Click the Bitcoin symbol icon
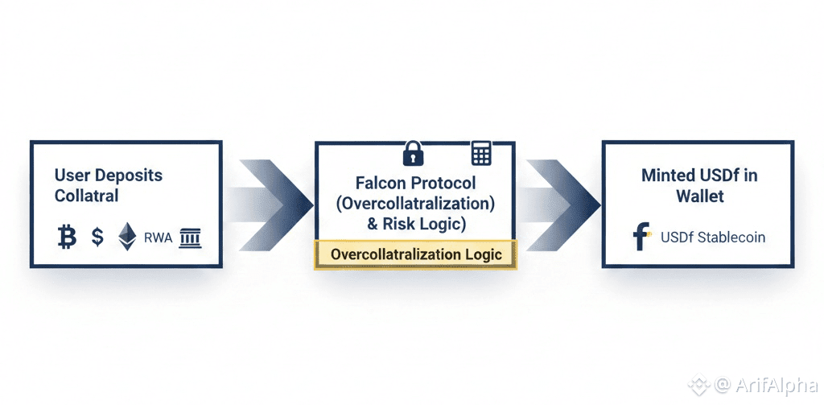[67, 237]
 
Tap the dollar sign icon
[97, 237]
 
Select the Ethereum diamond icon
[127, 237]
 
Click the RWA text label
[159, 238]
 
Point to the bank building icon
[191, 237]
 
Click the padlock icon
[413, 151]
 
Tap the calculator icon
[481, 152]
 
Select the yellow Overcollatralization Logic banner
[415, 254]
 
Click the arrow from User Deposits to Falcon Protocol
[270, 199]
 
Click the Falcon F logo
[641, 238]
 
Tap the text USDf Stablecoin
[712, 238]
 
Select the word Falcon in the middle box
[382, 183]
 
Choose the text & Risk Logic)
[415, 223]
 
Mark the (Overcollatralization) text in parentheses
[415, 203]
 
